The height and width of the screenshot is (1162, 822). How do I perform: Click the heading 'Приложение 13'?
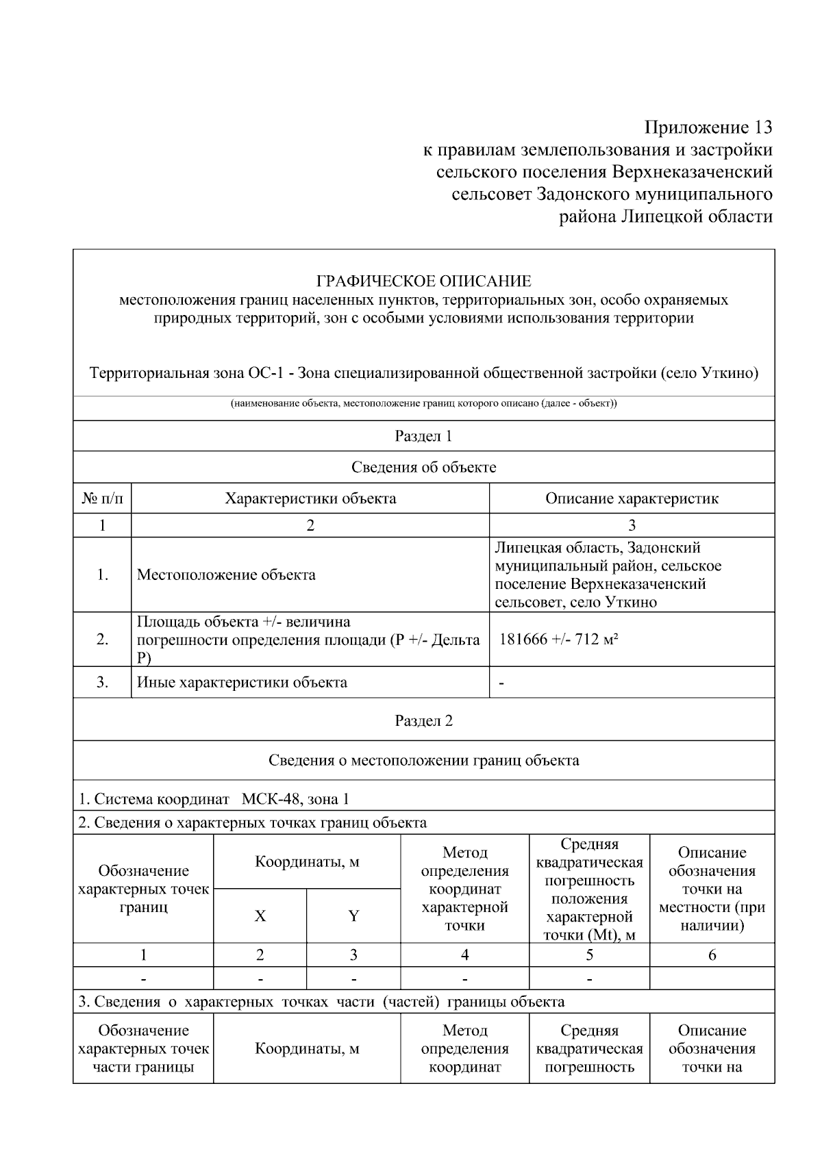tap(708, 127)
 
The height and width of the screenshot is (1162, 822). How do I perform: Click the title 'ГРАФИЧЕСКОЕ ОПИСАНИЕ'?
tap(423, 281)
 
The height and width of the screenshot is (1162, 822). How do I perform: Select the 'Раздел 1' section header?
tap(423, 436)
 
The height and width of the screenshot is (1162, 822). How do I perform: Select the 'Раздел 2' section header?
tap(423, 720)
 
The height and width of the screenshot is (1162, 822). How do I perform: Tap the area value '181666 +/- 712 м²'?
tap(559, 640)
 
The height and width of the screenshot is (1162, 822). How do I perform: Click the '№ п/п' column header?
tap(102, 498)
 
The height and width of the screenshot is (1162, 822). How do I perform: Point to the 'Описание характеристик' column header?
tap(632, 498)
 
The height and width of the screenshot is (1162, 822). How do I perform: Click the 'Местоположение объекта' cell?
tap(226, 574)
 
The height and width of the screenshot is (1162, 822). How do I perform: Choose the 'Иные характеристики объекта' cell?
tap(242, 682)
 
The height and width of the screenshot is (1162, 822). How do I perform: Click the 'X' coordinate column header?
tap(260, 916)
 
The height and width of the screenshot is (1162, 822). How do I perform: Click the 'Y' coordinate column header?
tap(353, 916)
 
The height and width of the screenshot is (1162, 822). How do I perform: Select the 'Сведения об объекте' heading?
tap(423, 467)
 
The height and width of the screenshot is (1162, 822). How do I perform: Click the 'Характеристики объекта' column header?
tap(310, 498)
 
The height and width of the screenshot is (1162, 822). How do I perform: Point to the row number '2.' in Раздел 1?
tap(102, 640)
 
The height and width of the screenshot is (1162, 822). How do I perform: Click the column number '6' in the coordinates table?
tap(712, 955)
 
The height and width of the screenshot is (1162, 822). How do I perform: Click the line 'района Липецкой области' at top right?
tap(667, 217)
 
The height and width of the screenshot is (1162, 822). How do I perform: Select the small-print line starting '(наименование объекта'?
tap(423, 403)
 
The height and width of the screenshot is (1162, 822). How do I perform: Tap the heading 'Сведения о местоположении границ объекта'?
tap(423, 760)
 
